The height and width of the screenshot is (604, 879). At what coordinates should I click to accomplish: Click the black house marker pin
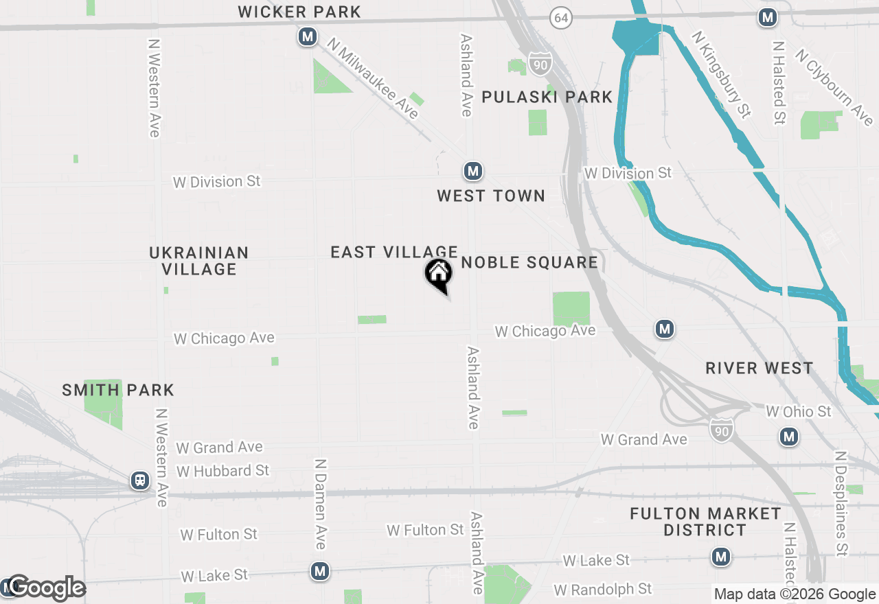[x=438, y=275]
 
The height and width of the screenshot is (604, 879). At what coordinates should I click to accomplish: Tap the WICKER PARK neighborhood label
[x=299, y=12]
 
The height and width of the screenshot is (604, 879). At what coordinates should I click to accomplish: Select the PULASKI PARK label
[x=547, y=97]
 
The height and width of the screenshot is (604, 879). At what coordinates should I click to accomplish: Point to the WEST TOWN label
[x=491, y=196]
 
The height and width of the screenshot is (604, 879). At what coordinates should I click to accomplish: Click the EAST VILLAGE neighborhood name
[x=394, y=252]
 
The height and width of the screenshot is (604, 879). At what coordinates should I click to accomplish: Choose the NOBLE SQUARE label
[x=529, y=262]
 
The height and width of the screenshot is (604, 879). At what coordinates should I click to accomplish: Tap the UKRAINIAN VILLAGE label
[x=199, y=261]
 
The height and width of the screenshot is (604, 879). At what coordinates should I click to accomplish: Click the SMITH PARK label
[x=118, y=391]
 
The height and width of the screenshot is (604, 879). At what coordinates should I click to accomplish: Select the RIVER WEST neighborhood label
[x=760, y=369]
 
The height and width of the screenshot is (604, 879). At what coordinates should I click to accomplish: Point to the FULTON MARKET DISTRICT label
[x=705, y=522]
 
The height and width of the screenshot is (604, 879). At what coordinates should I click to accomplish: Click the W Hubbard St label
[x=223, y=471]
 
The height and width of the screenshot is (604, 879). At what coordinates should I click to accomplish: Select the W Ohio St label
[x=799, y=411]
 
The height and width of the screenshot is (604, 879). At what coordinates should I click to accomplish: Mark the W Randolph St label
[x=602, y=589]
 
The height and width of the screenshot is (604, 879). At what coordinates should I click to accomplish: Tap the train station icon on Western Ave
[x=140, y=480]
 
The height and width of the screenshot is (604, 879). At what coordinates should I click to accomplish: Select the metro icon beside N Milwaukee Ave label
[x=307, y=36]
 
